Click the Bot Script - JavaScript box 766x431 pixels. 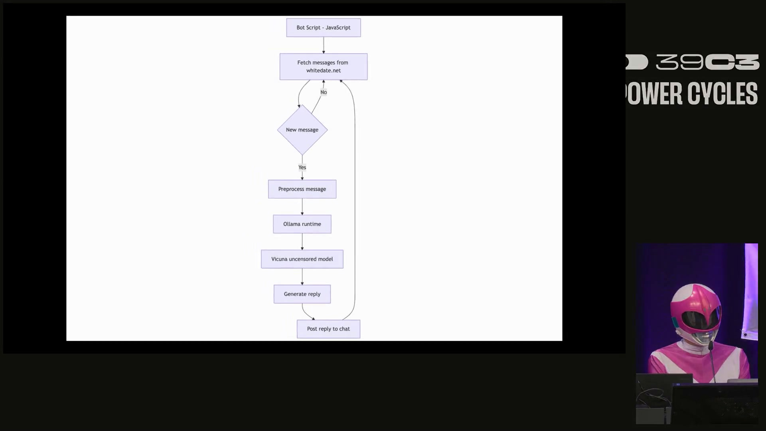(323, 28)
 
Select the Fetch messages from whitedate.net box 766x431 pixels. (323, 67)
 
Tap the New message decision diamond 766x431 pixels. (302, 130)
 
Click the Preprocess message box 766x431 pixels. (302, 189)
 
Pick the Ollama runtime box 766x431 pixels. (302, 224)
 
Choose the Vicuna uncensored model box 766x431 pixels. (302, 259)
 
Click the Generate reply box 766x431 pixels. (302, 294)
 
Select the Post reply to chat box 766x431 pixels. (328, 329)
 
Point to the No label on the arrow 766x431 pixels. (324, 92)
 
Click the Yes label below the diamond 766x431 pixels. (302, 168)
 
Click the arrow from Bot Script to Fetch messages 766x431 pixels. (324, 45)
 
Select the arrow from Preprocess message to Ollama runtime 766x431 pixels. (302, 206)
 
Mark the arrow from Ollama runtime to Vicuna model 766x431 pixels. (302, 241)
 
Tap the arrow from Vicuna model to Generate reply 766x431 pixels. (302, 276)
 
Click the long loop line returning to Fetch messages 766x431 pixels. (355, 200)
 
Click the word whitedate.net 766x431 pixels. (324, 71)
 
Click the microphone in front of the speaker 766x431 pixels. (711, 346)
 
